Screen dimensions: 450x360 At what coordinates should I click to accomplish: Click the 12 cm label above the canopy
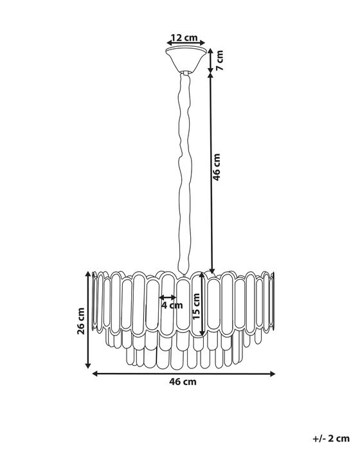tap(186, 37)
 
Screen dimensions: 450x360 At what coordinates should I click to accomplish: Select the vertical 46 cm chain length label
tap(217, 166)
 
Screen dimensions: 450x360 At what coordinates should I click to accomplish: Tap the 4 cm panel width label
tap(170, 306)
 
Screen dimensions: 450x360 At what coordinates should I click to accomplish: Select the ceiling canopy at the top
tap(186, 57)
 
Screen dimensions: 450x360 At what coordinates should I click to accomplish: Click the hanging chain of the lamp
tap(184, 167)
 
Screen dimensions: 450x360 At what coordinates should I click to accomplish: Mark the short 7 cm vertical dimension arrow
tap(212, 60)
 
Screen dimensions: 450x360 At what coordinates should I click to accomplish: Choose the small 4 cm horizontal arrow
tap(169, 298)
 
